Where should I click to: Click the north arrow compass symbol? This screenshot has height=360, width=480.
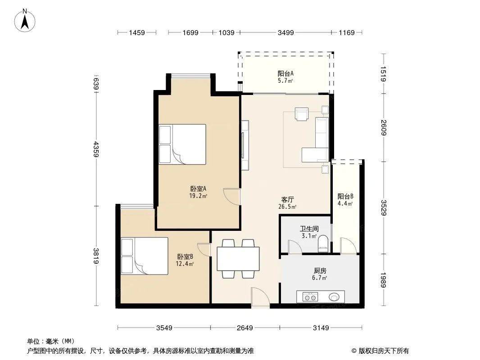(25, 21)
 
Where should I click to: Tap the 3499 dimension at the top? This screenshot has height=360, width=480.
(285, 32)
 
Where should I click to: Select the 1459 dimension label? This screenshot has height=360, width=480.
(136, 32)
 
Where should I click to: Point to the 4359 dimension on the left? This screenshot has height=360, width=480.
(96, 149)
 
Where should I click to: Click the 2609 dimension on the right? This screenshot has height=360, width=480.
(384, 127)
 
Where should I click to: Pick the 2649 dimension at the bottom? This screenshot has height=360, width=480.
(245, 328)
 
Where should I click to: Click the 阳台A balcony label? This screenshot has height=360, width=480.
(285, 73)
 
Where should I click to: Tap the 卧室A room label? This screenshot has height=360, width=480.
(198, 189)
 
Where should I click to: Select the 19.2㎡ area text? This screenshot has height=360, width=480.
(198, 196)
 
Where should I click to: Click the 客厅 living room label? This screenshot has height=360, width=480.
(287, 199)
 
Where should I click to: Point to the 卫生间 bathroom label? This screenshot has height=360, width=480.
(309, 229)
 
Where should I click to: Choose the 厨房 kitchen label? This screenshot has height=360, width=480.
(320, 270)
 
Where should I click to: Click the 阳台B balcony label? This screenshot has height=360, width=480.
(345, 196)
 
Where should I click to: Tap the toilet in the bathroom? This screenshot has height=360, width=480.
(323, 243)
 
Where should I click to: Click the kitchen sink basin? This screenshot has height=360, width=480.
(334, 297)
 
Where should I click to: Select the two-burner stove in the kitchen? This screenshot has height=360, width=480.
(310, 297)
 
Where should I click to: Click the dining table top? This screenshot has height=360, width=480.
(238, 259)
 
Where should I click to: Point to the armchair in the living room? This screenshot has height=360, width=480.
(302, 114)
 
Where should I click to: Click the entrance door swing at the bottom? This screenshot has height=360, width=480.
(260, 296)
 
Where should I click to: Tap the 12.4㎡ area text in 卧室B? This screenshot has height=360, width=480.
(185, 264)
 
